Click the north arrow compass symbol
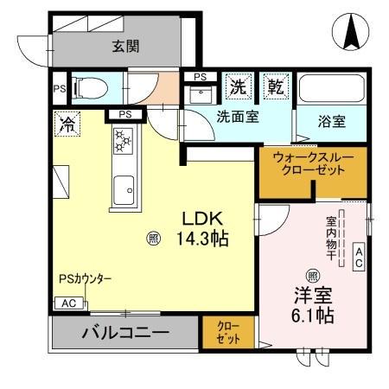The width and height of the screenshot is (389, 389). tap(352, 33)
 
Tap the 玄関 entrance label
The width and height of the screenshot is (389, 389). tap(125, 47)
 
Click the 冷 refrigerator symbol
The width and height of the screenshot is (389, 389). tap(66, 123)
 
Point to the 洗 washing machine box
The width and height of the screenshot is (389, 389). tap(238, 86)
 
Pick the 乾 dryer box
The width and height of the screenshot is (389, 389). tap(275, 86)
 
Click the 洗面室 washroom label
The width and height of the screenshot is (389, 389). tap(237, 117)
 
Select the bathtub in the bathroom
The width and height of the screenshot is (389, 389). tap(331, 89)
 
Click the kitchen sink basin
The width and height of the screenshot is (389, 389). tap(124, 185)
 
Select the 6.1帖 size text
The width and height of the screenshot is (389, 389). tap(313, 316)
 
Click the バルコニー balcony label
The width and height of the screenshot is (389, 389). tap(125, 333)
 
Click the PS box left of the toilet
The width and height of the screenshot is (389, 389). tap(59, 87)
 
